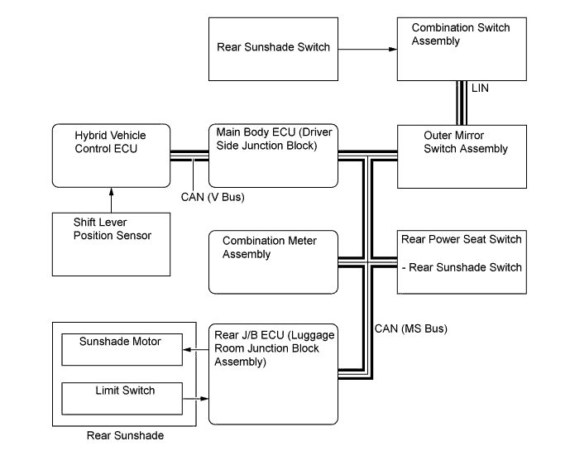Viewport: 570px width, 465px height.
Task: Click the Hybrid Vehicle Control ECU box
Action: click(x=110, y=156)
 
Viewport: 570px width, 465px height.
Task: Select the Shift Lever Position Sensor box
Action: click(x=110, y=244)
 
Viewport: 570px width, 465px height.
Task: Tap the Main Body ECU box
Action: click(x=273, y=156)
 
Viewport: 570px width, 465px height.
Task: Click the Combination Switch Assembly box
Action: click(x=462, y=49)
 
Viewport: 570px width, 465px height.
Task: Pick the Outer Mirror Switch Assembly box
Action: click(x=462, y=156)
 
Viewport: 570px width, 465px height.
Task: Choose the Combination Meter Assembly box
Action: click(x=273, y=261)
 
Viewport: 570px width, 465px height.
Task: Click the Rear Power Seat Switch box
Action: click(x=462, y=261)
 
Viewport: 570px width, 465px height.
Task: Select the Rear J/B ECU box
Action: click(x=273, y=373)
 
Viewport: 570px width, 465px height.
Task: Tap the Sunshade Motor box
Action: click(x=122, y=349)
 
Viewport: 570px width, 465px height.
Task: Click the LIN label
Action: click(x=481, y=88)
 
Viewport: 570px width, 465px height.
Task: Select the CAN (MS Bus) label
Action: click(x=410, y=328)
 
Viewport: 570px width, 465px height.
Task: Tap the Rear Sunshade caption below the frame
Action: click(x=125, y=435)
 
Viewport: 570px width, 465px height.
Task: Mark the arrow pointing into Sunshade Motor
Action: click(x=195, y=350)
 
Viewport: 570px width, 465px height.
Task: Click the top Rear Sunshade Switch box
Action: click(x=273, y=49)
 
